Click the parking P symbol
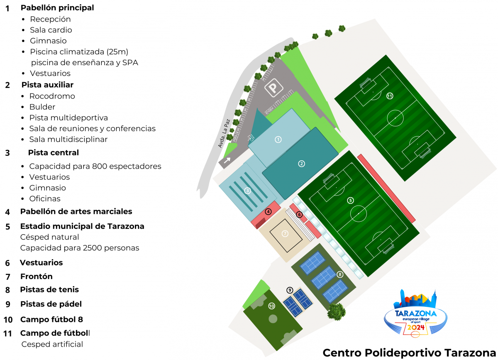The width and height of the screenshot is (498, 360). click(x=273, y=88)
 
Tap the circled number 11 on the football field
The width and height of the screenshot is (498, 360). click(x=390, y=96)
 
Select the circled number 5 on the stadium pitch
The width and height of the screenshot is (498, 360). click(x=350, y=201)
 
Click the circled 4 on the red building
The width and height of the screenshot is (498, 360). click(x=268, y=212)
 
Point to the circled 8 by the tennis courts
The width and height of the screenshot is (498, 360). click(x=340, y=274)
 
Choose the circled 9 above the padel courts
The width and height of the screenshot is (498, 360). click(x=290, y=290)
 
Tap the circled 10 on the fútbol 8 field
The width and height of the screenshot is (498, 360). click(x=271, y=306)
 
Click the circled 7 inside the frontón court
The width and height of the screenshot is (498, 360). click(x=285, y=234)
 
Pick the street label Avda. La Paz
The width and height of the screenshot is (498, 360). click(x=224, y=134)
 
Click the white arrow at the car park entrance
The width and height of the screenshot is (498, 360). click(x=227, y=160)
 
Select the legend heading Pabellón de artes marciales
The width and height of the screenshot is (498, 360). click(x=76, y=212)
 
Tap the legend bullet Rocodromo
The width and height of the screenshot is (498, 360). click(x=52, y=96)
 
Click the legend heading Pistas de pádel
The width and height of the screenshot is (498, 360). click(x=51, y=304)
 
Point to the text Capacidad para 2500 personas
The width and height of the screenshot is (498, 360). click(x=80, y=248)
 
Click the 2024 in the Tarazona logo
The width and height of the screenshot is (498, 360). click(x=416, y=327)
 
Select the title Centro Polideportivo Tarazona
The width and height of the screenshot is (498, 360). click(x=409, y=353)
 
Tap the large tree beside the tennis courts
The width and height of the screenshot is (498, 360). click(x=337, y=311)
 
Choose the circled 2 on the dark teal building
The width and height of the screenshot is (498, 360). click(x=301, y=164)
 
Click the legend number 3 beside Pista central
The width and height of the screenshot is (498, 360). click(x=7, y=153)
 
